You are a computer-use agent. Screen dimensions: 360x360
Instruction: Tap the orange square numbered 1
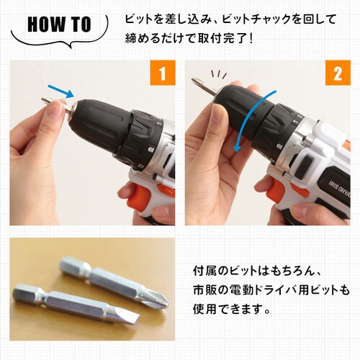point(163,73)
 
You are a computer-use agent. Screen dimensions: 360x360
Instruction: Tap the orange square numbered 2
point(338,73)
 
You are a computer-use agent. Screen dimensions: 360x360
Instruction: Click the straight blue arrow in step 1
point(60,91)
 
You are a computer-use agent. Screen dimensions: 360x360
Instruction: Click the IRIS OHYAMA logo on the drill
point(340,189)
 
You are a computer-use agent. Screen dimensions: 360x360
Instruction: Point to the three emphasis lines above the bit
point(218,75)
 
